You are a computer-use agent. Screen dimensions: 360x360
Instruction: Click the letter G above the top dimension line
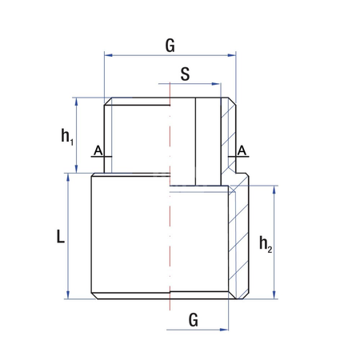tap(170, 46)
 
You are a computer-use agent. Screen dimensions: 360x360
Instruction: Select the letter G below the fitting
tap(193, 319)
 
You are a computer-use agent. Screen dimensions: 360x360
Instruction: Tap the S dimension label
tap(185, 74)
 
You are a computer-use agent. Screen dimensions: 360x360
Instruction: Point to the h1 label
tap(67, 136)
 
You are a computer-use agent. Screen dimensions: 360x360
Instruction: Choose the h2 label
tap(266, 243)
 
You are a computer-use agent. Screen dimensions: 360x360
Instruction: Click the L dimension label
tap(60, 237)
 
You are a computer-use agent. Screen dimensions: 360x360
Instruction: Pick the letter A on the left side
tap(97, 150)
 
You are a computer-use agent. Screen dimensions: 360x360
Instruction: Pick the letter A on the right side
tap(242, 150)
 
